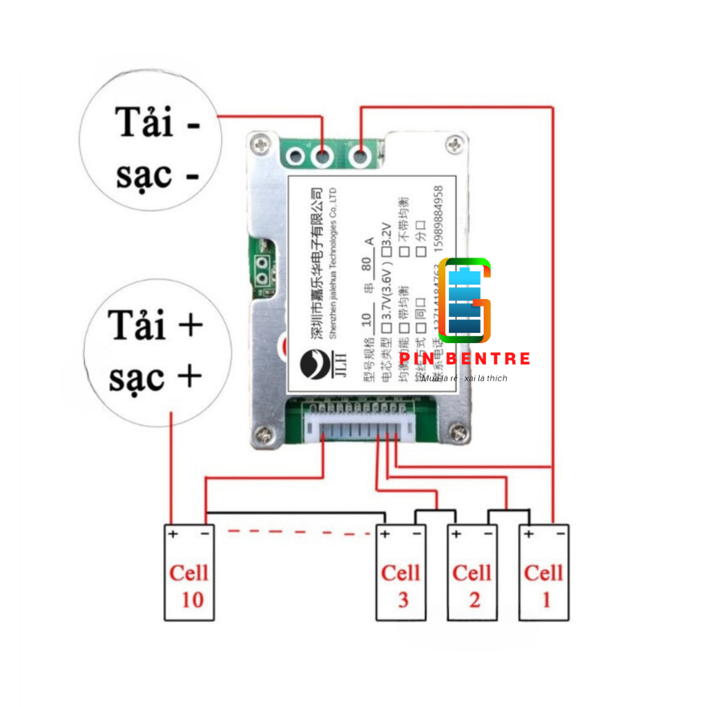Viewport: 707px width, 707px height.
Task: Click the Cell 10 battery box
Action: point(189,572)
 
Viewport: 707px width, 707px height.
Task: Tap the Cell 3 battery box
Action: point(401,572)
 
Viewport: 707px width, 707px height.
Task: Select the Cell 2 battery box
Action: point(472,572)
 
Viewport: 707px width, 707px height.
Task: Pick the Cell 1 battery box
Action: point(543,572)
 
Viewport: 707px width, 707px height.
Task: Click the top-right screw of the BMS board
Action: point(456,144)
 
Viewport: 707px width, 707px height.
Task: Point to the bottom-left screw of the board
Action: point(263,434)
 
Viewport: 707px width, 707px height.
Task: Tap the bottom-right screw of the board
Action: point(456,434)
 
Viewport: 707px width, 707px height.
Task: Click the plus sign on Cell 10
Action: point(173,533)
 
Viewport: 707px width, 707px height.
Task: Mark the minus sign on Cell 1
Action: point(560,533)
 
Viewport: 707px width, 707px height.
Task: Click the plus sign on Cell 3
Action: point(385,533)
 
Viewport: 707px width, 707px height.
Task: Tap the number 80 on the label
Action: point(368,266)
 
